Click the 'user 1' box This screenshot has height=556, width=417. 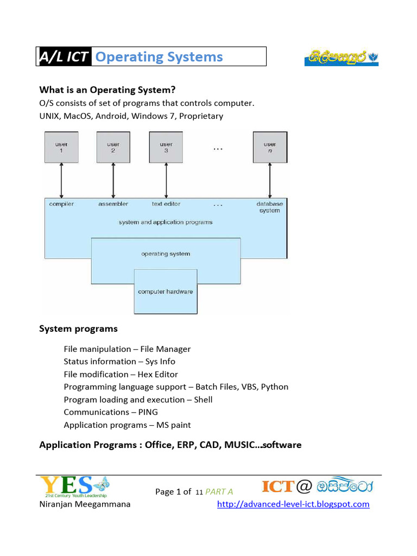[61, 148]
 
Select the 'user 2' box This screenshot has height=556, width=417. [113, 148]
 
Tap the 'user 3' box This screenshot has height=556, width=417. [166, 148]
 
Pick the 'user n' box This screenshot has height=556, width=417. [270, 148]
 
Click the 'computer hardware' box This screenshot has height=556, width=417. [166, 292]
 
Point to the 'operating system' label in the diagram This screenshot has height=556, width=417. [166, 254]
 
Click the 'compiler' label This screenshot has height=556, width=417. [61, 204]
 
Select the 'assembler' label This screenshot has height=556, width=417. [113, 204]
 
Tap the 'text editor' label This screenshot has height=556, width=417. [166, 204]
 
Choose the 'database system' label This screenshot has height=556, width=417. [269, 207]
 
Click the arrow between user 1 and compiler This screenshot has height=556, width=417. [61, 180]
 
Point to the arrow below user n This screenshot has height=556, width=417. [270, 180]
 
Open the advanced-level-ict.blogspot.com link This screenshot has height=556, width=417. [293, 504]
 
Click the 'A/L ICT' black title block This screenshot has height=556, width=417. [65, 56]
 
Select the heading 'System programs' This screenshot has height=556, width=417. [78, 328]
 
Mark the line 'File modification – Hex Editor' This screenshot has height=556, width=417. [121, 374]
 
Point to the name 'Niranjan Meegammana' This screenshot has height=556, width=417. [85, 504]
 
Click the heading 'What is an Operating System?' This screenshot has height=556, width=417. [108, 90]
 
